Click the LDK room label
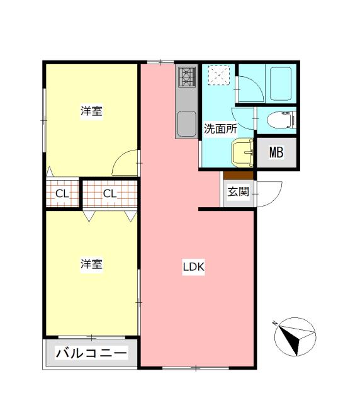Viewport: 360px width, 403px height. [x=193, y=267]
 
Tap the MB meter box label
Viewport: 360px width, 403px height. [x=276, y=152]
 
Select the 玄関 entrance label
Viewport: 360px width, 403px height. [x=238, y=191]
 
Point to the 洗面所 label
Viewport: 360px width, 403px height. [x=220, y=128]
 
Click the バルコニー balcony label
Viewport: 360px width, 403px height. [x=91, y=353]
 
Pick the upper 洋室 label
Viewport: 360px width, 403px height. [x=91, y=111]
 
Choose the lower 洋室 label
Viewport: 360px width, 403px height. [x=91, y=264]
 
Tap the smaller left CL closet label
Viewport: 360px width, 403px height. [x=62, y=194]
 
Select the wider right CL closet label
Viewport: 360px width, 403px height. [x=110, y=193]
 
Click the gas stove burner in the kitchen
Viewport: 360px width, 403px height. [x=187, y=77]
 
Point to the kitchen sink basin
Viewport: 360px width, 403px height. [x=187, y=124]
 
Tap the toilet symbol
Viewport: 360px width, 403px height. [x=281, y=120]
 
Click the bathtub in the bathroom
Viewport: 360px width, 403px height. [x=281, y=84]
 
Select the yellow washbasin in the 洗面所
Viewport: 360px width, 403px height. [x=242, y=152]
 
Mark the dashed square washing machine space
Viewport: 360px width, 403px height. [x=218, y=75]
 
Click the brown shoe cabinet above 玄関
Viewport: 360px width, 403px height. [x=238, y=175]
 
